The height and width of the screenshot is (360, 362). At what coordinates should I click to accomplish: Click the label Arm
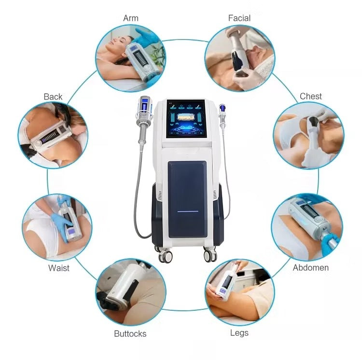[x=131, y=18]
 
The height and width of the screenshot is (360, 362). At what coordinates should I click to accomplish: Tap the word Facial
[x=239, y=18]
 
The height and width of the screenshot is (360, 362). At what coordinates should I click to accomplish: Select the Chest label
[x=311, y=96]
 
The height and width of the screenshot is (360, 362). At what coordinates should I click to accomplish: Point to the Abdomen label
[x=311, y=267]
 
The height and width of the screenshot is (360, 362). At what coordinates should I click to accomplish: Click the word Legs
[x=239, y=333]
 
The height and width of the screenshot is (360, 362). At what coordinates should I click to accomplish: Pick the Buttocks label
[x=130, y=333]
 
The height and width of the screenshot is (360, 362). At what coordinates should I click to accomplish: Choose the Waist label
[x=59, y=268]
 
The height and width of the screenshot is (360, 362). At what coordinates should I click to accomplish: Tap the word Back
[x=53, y=97]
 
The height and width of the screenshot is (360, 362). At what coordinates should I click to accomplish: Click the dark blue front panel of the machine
[x=187, y=198]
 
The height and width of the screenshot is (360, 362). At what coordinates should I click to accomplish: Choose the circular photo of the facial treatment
[x=239, y=58]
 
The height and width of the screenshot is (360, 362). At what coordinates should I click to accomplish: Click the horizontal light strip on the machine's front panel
[x=187, y=211]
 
